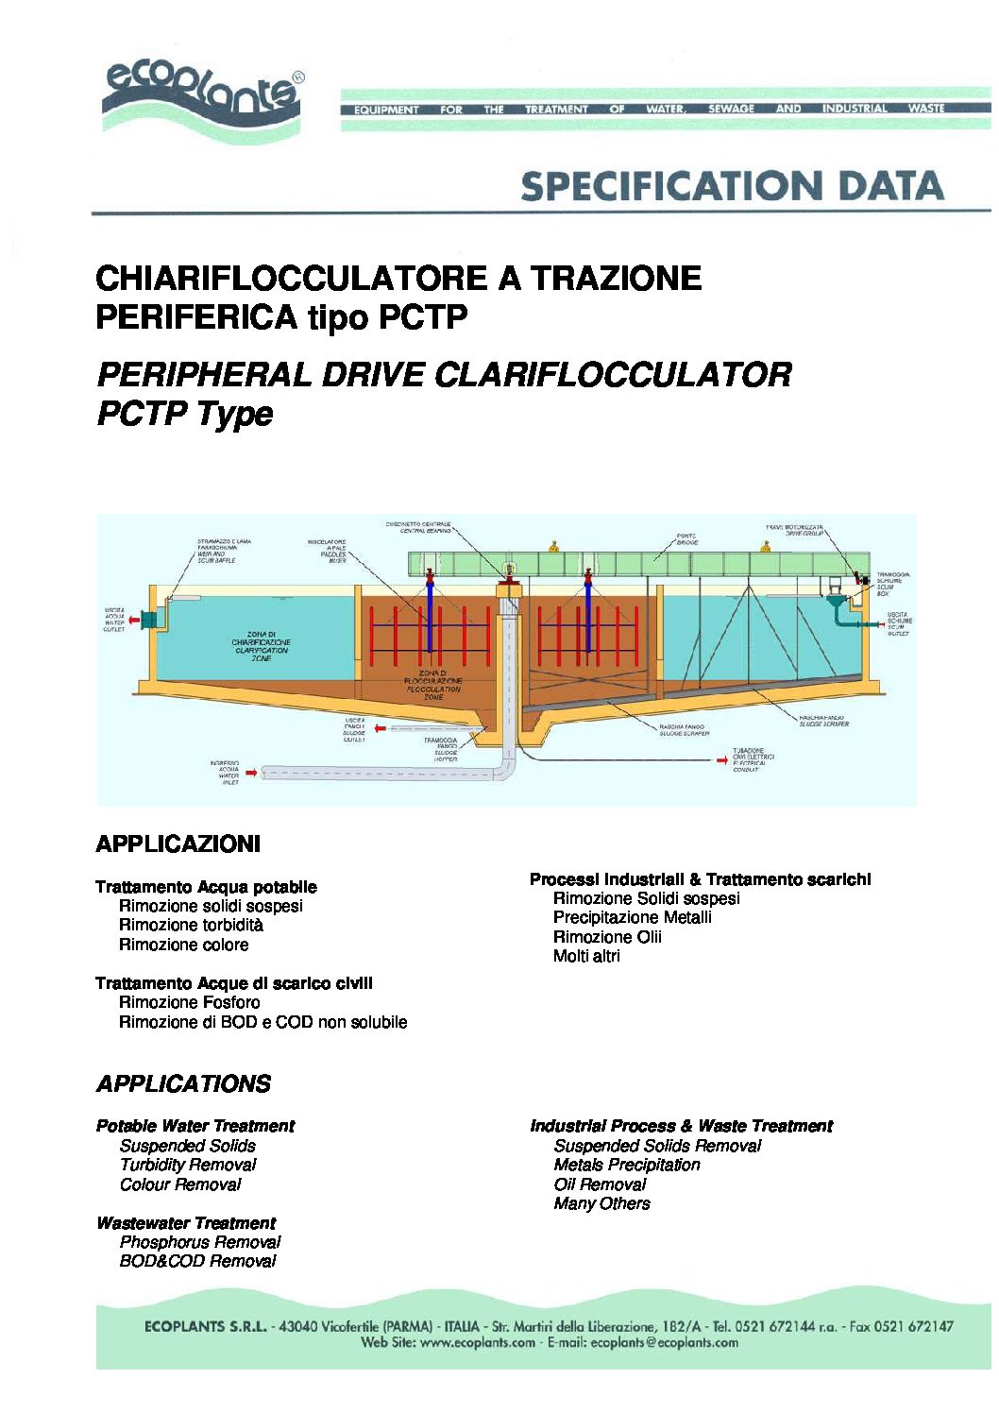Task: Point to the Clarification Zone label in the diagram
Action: pos(262,646)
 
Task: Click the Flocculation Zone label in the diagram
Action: pos(433,685)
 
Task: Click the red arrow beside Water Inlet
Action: pos(251,773)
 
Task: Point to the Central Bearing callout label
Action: pos(418,527)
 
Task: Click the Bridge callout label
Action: pos(687,539)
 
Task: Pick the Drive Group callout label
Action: pos(794,530)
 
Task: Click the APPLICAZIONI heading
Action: pos(178,843)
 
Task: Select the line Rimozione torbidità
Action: pos(191,926)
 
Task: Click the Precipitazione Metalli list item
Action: pos(633,917)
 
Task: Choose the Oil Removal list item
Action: pos(601,1184)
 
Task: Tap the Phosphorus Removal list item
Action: pos(200,1242)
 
